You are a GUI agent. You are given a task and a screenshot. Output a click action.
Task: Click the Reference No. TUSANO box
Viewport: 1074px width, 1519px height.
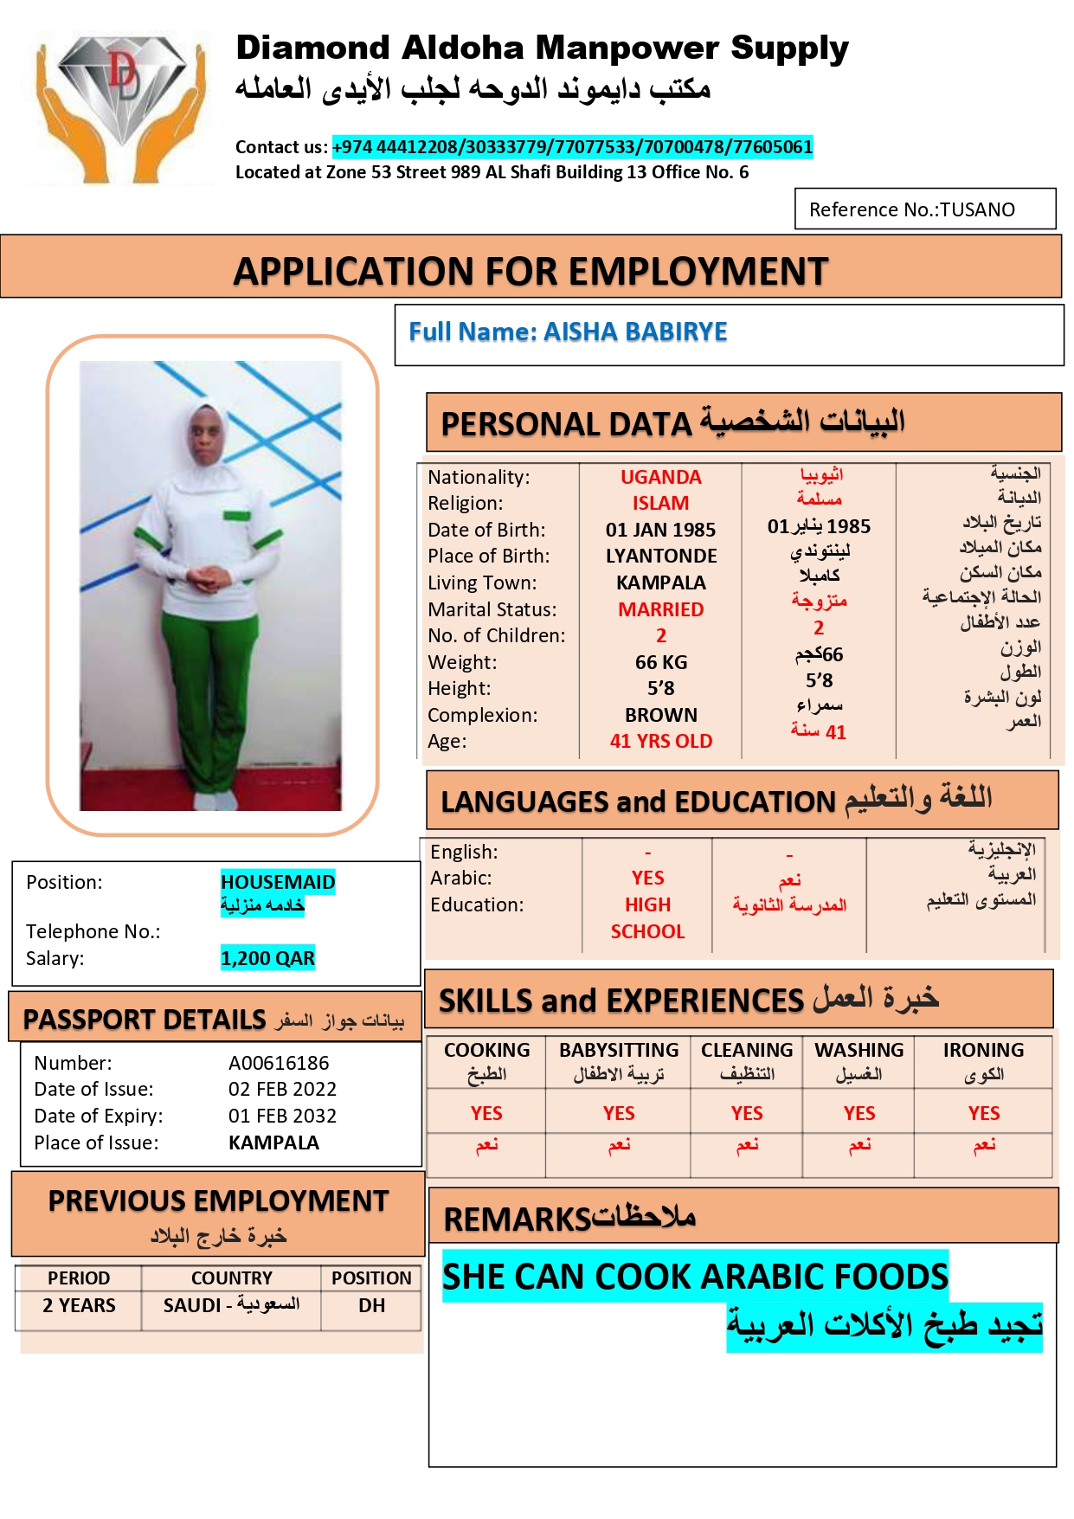point(924,209)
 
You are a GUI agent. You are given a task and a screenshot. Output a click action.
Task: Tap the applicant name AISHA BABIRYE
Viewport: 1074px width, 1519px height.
point(634,331)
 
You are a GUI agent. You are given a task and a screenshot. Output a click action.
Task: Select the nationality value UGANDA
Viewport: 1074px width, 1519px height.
point(660,477)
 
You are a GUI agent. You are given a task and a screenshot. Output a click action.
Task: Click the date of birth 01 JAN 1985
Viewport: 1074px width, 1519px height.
point(660,530)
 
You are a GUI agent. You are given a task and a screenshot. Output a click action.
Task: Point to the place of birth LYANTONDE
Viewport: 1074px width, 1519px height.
point(660,556)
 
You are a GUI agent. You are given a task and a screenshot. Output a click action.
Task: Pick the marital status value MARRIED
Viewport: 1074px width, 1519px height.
point(660,609)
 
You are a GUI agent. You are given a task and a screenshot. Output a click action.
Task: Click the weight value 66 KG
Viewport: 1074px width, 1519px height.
point(660,662)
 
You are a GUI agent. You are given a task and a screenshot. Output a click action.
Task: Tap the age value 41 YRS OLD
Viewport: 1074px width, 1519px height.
point(660,741)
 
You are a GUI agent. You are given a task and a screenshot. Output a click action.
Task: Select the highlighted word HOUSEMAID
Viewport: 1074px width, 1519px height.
point(277,882)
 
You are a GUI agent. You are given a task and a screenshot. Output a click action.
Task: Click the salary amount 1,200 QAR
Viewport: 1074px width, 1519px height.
point(267,958)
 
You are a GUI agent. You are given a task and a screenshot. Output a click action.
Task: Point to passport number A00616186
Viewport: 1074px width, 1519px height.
point(279,1063)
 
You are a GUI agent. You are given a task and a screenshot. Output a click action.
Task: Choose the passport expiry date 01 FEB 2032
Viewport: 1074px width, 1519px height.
point(282,1116)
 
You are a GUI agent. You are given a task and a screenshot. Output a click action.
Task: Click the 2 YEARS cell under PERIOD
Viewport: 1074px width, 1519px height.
point(79,1305)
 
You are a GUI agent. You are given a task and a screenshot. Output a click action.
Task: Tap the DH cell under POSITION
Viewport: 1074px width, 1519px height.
point(371,1305)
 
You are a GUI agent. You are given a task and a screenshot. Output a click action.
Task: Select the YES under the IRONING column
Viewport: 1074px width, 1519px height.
point(983,1113)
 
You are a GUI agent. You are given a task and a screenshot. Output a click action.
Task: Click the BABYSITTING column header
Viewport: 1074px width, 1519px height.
point(618,1050)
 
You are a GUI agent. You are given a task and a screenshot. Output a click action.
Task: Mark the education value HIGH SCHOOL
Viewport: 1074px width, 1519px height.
point(647,917)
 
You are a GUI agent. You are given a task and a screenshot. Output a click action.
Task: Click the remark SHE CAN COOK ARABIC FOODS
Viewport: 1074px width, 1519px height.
point(695,1277)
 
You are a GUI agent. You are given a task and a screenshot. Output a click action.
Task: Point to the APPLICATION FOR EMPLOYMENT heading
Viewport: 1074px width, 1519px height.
point(531,271)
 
